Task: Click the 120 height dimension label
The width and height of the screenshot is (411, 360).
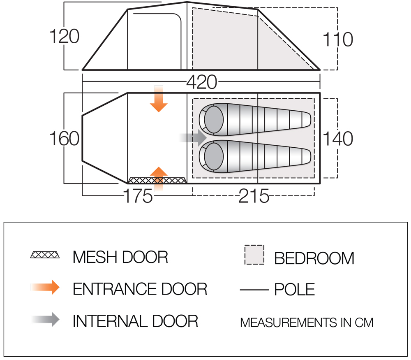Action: coord(65,36)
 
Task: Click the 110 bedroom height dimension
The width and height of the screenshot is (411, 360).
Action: coord(338,39)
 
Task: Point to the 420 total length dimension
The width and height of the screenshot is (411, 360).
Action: coord(202,82)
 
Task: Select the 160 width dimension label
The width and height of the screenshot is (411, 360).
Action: coord(65,138)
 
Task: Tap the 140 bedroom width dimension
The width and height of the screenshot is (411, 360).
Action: coord(338,139)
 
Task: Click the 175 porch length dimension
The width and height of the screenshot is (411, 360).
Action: coord(138,196)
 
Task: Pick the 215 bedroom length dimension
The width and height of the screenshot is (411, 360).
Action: coord(254,196)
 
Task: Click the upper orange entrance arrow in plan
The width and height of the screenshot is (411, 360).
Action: coord(159,99)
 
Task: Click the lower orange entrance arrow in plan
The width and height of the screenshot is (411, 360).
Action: coord(159,179)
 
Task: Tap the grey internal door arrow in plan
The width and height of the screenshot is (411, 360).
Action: coord(193,138)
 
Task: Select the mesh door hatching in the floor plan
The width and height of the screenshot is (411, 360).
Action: coord(157,180)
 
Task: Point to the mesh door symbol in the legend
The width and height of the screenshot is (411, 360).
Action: coord(45,255)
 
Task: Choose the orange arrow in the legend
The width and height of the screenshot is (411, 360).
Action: coord(45,287)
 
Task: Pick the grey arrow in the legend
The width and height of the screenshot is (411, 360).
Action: coord(45,319)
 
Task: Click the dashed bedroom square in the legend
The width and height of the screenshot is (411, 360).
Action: coord(254,255)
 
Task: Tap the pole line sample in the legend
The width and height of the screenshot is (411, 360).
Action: coord(254,290)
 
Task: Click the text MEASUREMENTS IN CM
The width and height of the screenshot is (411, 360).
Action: coord(307,323)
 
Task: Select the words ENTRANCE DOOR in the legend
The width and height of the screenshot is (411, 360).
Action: coord(140,289)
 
